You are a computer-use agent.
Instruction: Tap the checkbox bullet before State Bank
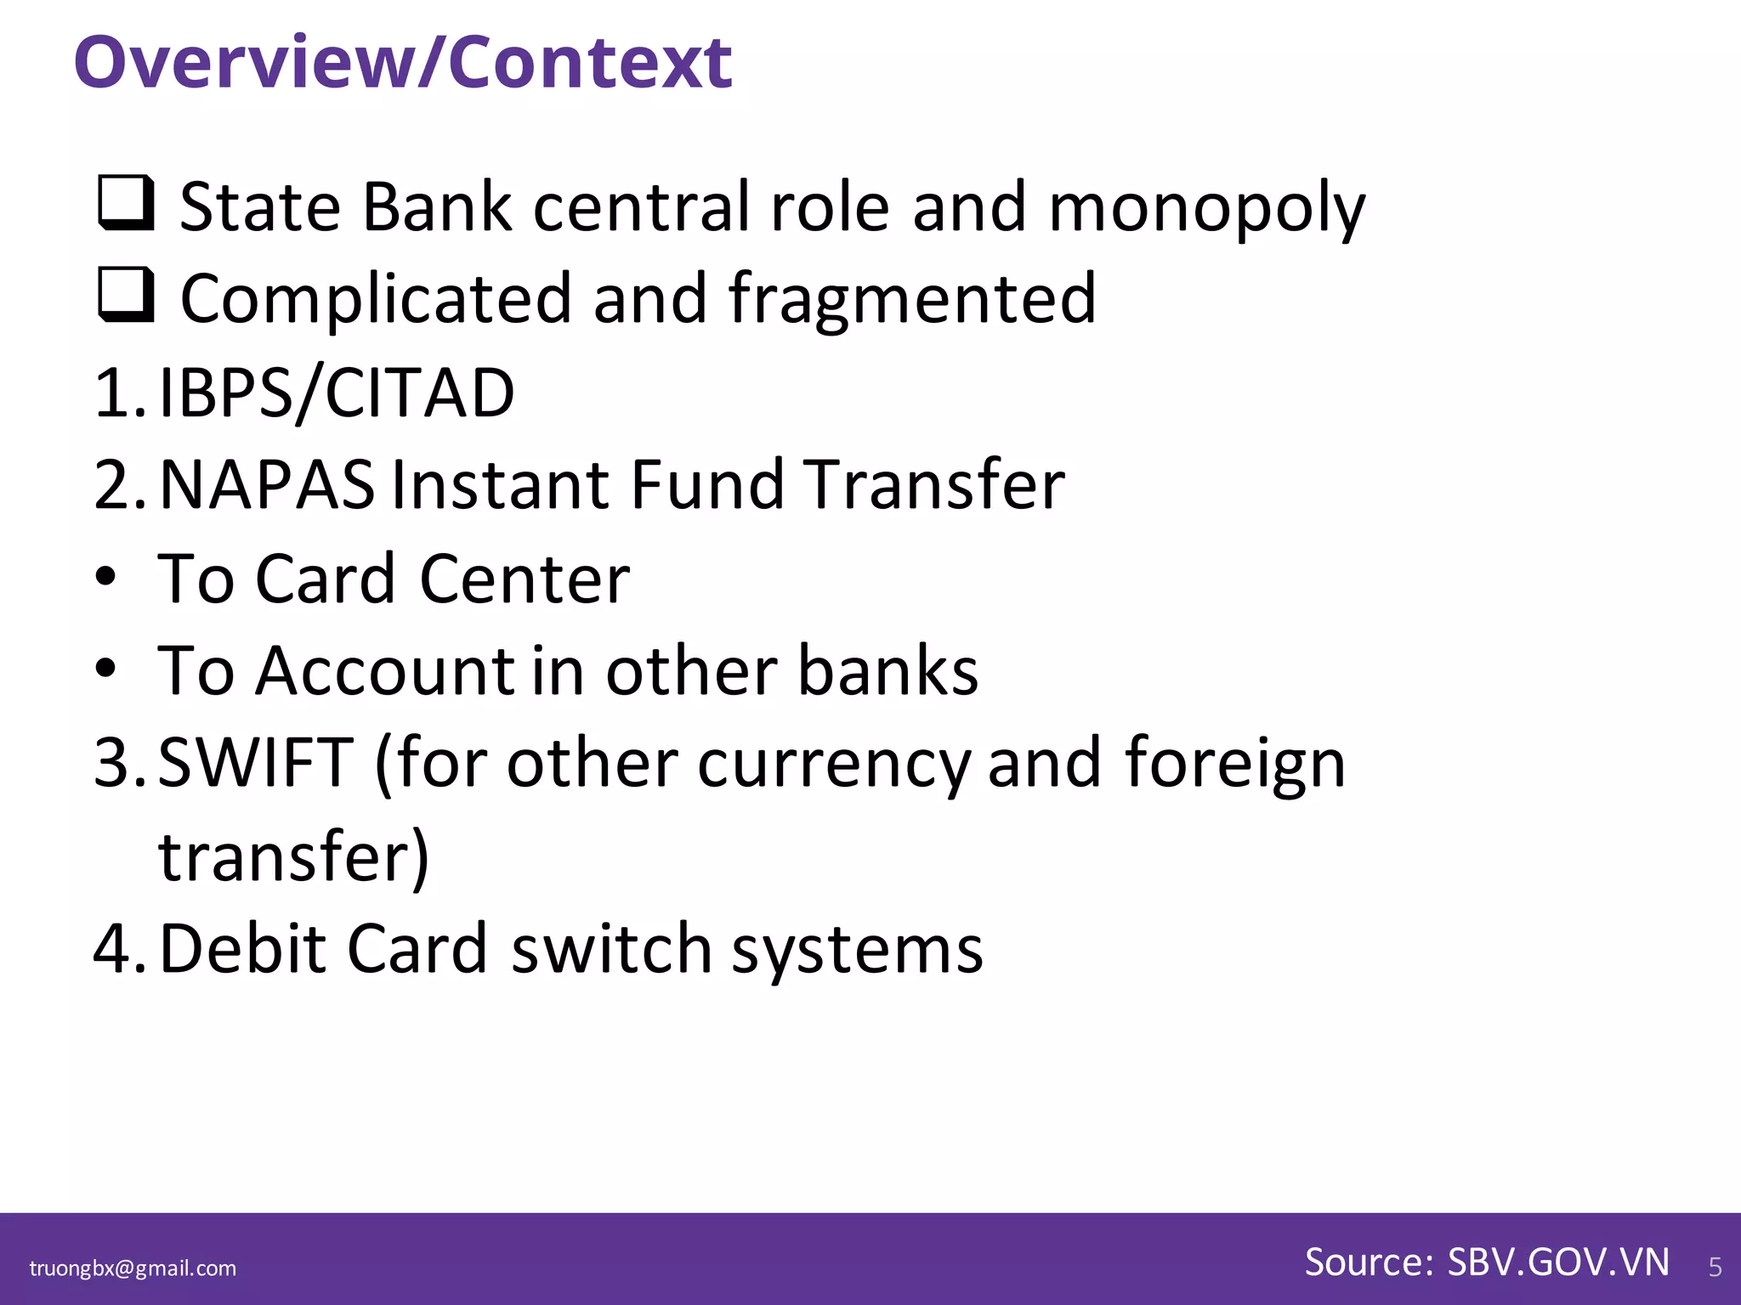coord(126,203)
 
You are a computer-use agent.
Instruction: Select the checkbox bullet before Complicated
coord(126,295)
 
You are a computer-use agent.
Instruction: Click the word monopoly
coord(1206,208)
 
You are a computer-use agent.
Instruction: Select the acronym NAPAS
coord(267,484)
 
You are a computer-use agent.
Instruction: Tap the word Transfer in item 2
coord(934,484)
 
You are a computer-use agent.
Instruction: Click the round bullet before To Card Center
coord(105,578)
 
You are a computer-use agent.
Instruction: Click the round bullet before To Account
coord(105,669)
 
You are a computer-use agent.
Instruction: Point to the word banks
coord(888,670)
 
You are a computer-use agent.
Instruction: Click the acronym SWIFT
coord(256,762)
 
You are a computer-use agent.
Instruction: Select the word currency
coord(834,765)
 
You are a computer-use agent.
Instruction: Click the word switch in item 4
coord(611,948)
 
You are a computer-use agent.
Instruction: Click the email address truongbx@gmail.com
coord(133,1268)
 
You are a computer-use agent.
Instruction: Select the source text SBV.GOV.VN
coord(1558,1263)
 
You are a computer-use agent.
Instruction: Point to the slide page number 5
coord(1715,1268)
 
